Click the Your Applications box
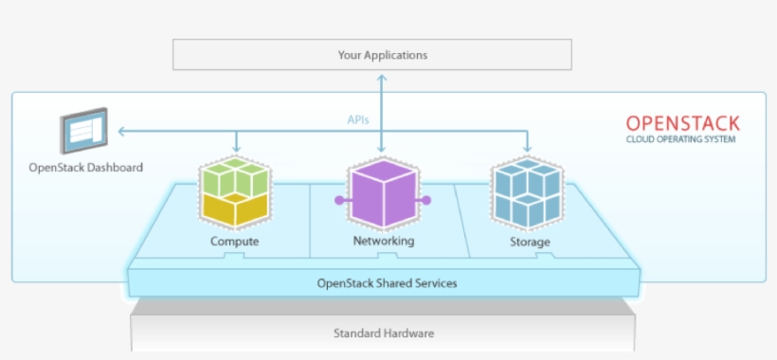click(x=382, y=55)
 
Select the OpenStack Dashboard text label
click(x=85, y=168)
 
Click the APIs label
click(x=358, y=120)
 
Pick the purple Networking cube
click(x=382, y=195)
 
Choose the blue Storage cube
click(x=527, y=194)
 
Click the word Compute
click(x=235, y=242)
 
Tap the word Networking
click(x=383, y=242)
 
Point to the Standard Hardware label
click(x=384, y=333)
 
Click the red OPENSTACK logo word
click(x=682, y=123)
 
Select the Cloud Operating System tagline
click(x=680, y=139)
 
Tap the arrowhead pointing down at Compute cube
click(x=236, y=150)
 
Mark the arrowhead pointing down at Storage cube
click(x=528, y=150)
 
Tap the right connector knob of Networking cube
click(x=427, y=200)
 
